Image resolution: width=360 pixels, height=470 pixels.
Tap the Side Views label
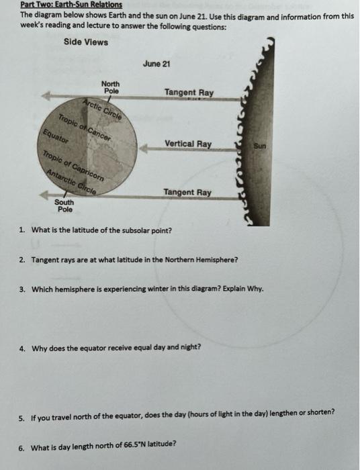pos(86,42)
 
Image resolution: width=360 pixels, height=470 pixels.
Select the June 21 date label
pos(157,64)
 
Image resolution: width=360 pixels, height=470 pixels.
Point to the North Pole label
pos(110,87)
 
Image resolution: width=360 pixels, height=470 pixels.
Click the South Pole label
pos(64,206)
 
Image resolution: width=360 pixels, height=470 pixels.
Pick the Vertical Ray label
pos(187,144)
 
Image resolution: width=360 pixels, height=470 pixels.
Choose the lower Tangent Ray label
pos(187,193)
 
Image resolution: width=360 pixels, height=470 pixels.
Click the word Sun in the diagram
pos(260,145)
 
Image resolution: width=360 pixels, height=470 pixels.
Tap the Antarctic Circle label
pos(71,182)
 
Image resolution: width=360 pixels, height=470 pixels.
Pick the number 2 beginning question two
pos(22,259)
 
